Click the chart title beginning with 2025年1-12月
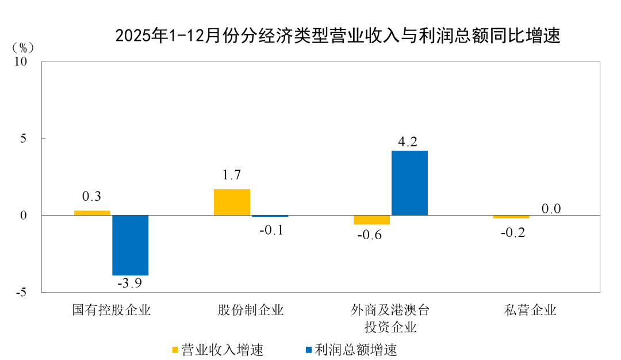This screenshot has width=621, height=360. point(338,36)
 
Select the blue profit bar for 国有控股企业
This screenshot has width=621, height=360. point(130,245)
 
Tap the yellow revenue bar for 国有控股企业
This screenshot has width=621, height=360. point(92,213)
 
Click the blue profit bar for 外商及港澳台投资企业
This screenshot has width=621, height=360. point(409,183)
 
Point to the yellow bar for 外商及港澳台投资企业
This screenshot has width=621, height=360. point(371,220)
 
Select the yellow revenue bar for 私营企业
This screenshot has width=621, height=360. point(511,217)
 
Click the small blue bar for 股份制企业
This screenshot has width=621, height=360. point(270,216)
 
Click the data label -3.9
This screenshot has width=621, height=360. point(129,283)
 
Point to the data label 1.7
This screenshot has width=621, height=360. point(231,175)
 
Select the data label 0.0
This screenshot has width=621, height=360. point(551,208)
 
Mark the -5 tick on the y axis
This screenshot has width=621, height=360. point(26,292)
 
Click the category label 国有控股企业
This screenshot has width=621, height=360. point(111,311)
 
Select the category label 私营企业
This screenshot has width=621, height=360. point(530,311)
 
